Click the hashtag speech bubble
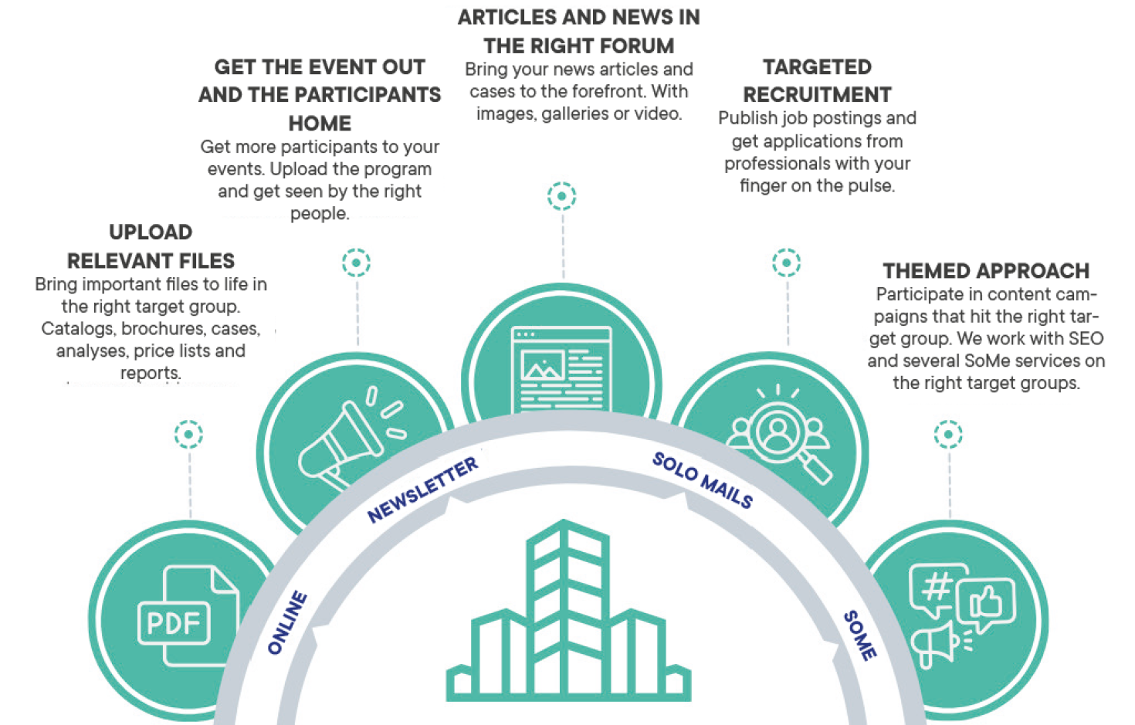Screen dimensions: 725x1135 pyautogui.click(x=937, y=588)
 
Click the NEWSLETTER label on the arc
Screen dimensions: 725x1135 pyautogui.click(x=422, y=490)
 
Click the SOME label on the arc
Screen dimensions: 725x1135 pyautogui.click(x=859, y=635)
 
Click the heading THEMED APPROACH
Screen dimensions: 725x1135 pyautogui.click(x=986, y=271)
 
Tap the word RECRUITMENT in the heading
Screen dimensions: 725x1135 pyautogui.click(x=817, y=95)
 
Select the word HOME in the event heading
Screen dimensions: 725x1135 pyautogui.click(x=320, y=124)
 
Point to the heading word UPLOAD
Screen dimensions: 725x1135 pyautogui.click(x=151, y=232)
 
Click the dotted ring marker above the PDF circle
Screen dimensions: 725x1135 pyautogui.click(x=188, y=434)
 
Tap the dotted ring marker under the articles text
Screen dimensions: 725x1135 pyautogui.click(x=561, y=196)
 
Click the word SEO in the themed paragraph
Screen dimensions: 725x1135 pyautogui.click(x=1086, y=339)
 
